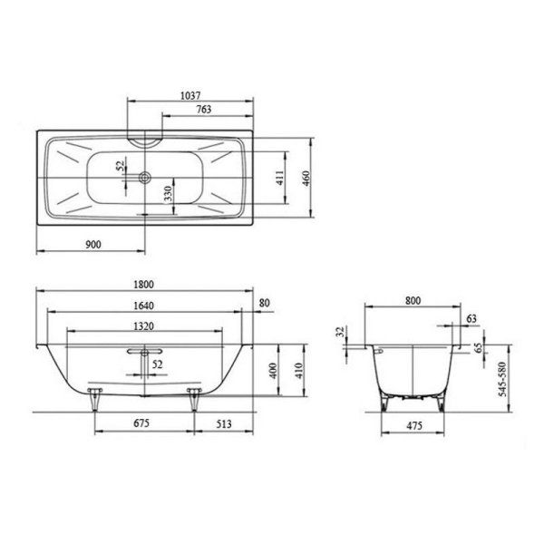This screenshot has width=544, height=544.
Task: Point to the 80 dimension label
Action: click(x=265, y=303)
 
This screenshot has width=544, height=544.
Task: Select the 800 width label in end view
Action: click(x=413, y=299)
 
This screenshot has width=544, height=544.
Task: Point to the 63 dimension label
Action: click(x=471, y=319)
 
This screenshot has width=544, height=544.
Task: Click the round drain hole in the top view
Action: click(x=145, y=177)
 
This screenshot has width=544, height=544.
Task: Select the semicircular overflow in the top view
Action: click(x=145, y=141)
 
